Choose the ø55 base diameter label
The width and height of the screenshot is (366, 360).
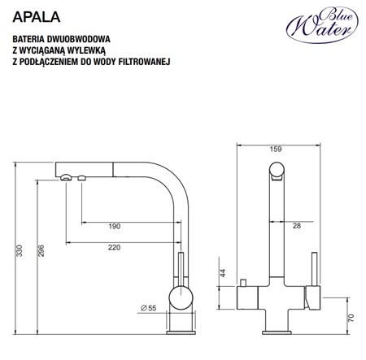click(x=148, y=309)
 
